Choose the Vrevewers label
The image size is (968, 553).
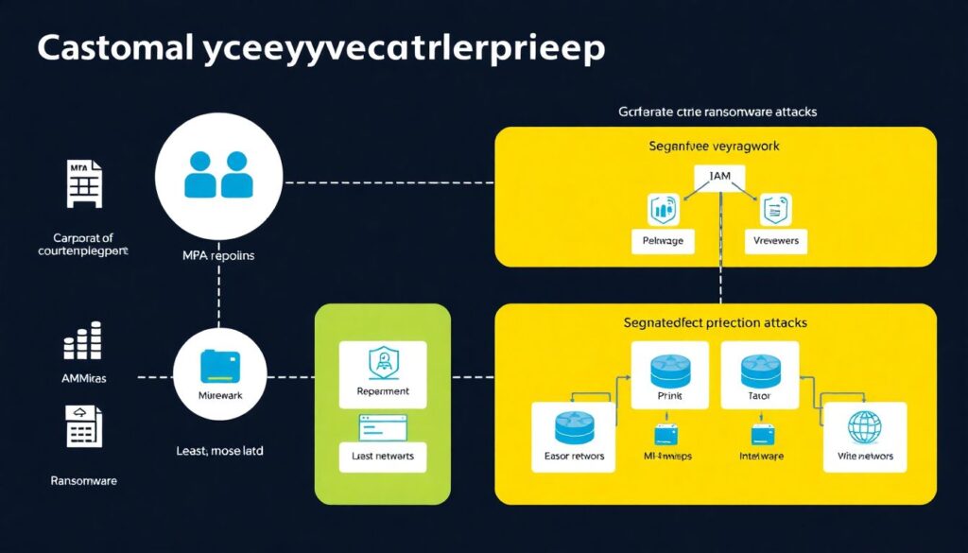point(777,241)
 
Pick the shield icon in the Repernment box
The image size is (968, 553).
point(382,361)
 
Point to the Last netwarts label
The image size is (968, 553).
point(382,457)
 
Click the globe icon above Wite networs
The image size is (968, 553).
point(865,426)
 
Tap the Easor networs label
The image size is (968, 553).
point(575,457)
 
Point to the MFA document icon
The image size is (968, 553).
point(83,183)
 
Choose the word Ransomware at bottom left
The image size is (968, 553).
point(83,480)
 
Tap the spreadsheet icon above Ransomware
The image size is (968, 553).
point(83,425)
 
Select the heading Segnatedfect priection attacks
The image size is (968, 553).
point(715,323)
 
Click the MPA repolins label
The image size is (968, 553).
point(218,255)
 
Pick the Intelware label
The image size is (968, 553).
point(762,457)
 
